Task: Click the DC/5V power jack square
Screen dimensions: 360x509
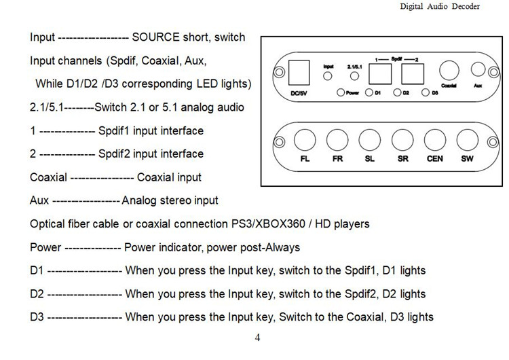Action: point(300,70)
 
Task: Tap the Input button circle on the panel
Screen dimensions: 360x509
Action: point(331,76)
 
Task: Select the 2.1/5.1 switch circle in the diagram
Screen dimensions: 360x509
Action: point(354,76)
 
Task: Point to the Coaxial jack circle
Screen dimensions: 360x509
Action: point(448,70)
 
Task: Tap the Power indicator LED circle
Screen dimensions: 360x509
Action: point(339,92)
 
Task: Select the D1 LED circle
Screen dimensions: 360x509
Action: point(369,92)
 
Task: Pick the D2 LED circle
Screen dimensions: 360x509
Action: point(397,92)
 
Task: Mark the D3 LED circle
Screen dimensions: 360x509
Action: point(426,92)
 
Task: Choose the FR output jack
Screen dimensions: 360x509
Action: point(337,140)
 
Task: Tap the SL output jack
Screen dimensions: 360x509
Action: point(369,140)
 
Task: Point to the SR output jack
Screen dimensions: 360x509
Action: point(402,140)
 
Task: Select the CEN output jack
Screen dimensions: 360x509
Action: point(434,140)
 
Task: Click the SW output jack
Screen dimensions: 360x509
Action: point(467,140)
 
